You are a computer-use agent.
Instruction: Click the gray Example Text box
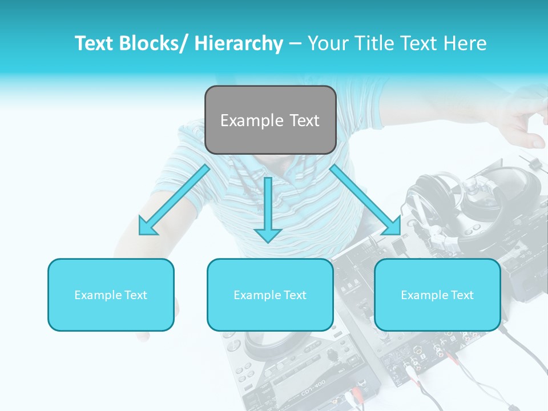click(x=270, y=120)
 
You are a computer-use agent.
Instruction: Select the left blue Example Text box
click(x=111, y=295)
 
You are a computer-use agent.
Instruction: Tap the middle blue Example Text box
click(x=270, y=295)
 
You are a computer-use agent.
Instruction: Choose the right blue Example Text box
click(x=437, y=295)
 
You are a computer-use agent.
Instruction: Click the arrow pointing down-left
click(x=174, y=200)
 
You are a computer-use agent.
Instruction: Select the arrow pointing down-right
click(x=365, y=200)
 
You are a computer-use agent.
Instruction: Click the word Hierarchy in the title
click(x=238, y=43)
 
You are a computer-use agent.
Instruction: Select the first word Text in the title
click(x=94, y=43)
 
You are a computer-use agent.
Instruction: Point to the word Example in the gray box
click(x=252, y=120)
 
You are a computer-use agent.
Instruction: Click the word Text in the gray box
click(x=304, y=120)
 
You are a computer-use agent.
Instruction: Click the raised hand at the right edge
click(x=522, y=120)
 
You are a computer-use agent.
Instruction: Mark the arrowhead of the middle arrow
click(x=268, y=233)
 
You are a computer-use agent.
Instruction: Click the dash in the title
click(x=295, y=43)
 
